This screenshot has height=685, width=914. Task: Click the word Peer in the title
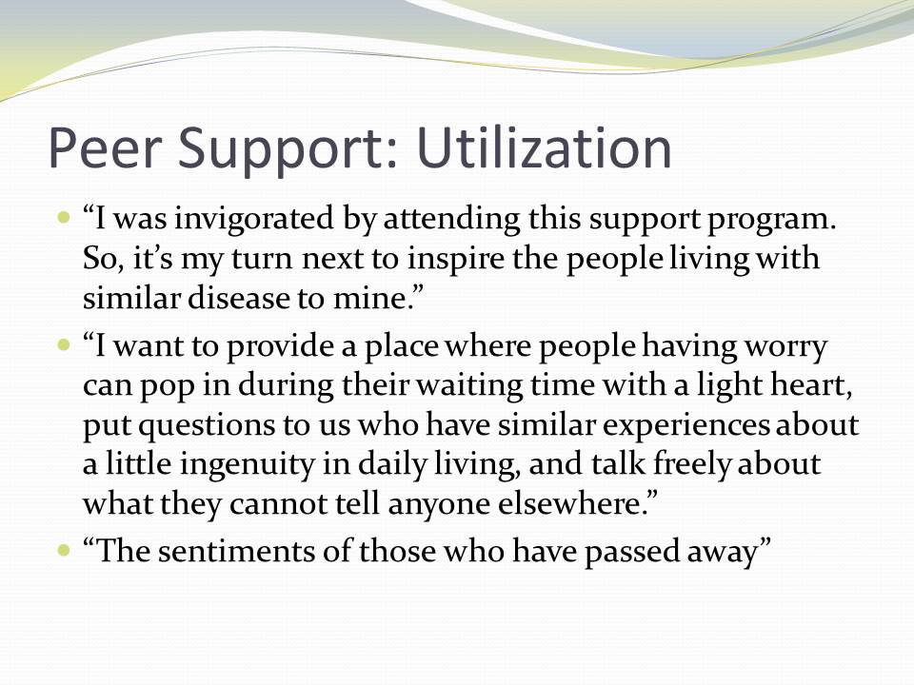click(104, 148)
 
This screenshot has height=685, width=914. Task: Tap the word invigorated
click(253, 220)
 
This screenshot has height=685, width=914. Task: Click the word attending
click(451, 220)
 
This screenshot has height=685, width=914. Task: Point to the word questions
click(207, 426)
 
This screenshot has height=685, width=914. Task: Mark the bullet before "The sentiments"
click(64, 549)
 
